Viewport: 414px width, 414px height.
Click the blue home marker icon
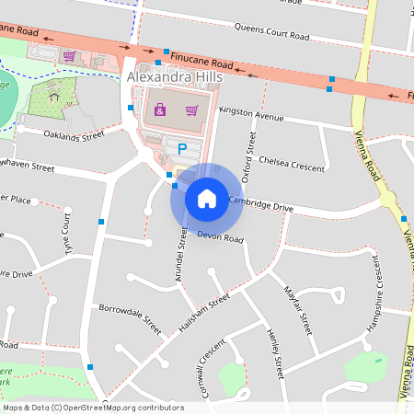click(x=207, y=198)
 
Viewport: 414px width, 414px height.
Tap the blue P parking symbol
click(x=181, y=147)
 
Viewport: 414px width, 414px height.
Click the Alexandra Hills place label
click(x=174, y=77)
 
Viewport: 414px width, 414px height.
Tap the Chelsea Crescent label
click(x=291, y=163)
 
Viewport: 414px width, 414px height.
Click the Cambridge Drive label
click(x=260, y=205)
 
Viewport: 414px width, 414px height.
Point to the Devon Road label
click(x=220, y=237)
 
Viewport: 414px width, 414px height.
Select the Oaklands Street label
click(x=75, y=135)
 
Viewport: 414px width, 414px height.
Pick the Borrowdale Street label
click(x=130, y=317)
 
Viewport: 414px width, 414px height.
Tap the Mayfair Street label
click(x=299, y=308)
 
